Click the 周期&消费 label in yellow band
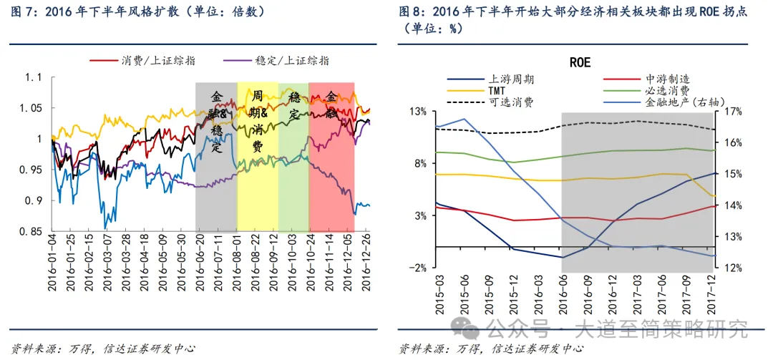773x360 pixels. (x=258, y=121)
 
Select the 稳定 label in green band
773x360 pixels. (x=294, y=105)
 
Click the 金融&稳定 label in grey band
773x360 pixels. (x=217, y=122)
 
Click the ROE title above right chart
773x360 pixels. (x=580, y=62)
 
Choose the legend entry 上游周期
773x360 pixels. (x=511, y=79)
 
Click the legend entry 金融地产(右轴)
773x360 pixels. (x=681, y=102)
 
